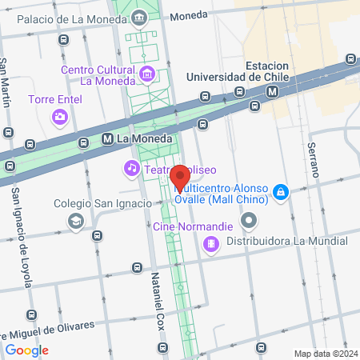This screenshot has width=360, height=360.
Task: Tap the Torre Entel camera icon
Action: [x=59, y=118]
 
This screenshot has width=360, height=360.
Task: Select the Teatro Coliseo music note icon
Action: [x=130, y=168]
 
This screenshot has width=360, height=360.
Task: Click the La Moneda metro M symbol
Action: [x=107, y=138]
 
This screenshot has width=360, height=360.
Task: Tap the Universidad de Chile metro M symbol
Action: [x=274, y=91]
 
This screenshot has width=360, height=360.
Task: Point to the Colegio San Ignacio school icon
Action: [x=76, y=221]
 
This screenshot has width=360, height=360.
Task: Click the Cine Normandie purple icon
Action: [x=211, y=242]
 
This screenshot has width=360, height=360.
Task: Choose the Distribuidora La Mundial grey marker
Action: [x=250, y=219]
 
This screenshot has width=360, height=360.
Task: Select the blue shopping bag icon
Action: [x=280, y=193]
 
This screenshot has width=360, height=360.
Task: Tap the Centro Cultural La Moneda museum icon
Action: [x=147, y=74]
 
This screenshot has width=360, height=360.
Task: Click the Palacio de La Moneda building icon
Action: [x=140, y=17]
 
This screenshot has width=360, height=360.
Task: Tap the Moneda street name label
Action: [x=189, y=15]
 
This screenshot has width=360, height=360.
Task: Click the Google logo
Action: [x=26, y=350]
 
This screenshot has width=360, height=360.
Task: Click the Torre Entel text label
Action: [x=55, y=100]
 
